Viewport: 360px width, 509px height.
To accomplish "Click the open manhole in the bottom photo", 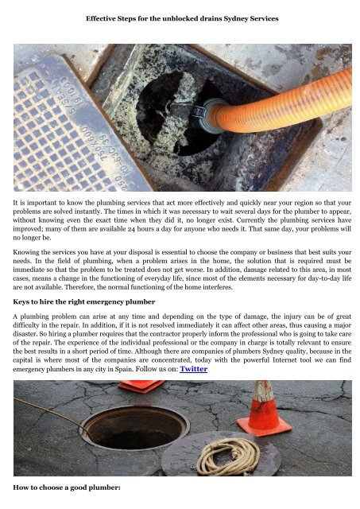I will pyautogui.click(x=123, y=429).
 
